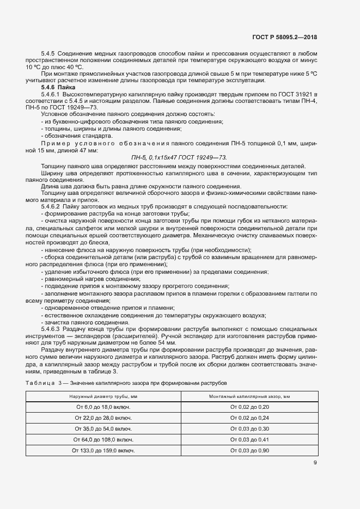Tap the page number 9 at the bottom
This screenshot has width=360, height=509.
coord(315,463)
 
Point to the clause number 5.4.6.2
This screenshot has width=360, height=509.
coord(51,207)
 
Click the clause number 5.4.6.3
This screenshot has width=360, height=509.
coord(51,330)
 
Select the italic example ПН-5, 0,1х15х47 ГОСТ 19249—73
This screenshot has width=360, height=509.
coord(179,157)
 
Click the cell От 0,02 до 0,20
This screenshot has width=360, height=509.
coord(249,407)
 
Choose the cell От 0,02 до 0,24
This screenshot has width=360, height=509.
coord(249,418)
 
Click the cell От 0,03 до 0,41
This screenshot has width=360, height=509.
coord(249,440)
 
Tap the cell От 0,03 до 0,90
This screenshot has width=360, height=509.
coord(249,451)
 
